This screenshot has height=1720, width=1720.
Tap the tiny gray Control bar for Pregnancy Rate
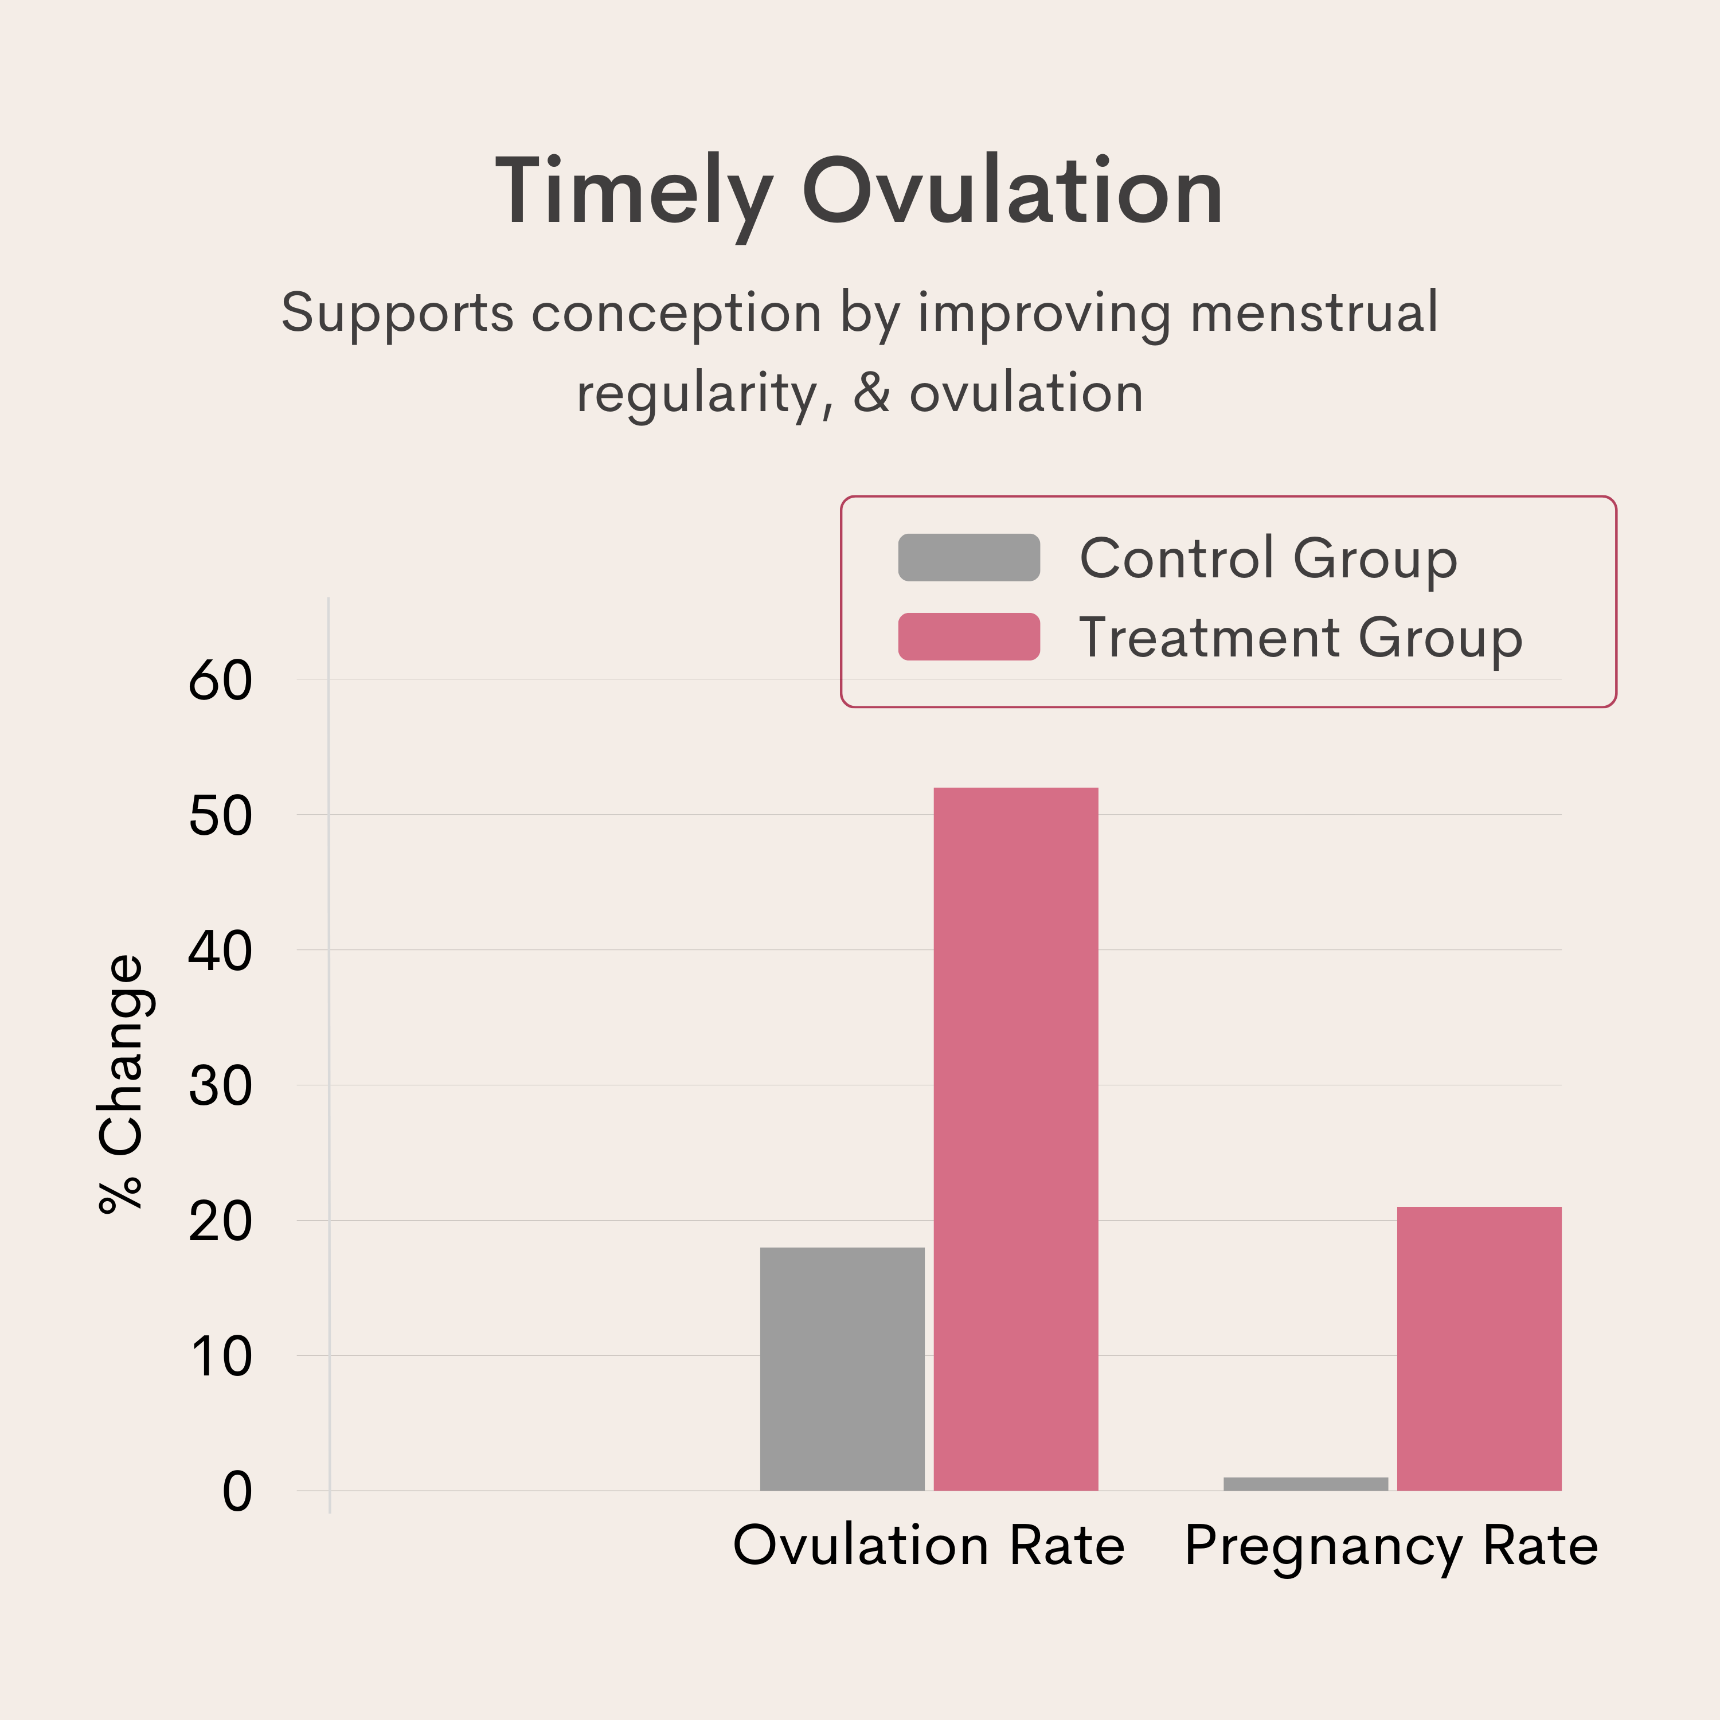click(x=1305, y=1484)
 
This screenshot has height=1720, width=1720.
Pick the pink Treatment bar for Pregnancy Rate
click(x=1479, y=1348)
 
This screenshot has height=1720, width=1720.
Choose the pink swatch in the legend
click(x=968, y=636)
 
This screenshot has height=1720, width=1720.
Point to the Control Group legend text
click(x=1268, y=559)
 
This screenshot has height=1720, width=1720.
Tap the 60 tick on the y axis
click(x=220, y=681)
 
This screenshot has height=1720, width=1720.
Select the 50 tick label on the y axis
click(x=220, y=816)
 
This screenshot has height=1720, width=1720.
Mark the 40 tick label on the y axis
click(x=220, y=952)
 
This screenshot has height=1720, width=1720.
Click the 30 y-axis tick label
click(x=220, y=1087)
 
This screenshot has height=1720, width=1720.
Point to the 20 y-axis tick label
click(x=220, y=1222)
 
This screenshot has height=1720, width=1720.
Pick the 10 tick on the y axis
click(x=220, y=1358)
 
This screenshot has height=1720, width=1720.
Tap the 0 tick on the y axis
click(x=237, y=1493)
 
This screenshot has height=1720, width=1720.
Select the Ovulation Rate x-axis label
click(x=929, y=1546)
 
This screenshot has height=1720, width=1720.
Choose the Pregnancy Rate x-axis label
click(x=1390, y=1546)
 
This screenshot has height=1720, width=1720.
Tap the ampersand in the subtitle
click(x=871, y=393)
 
